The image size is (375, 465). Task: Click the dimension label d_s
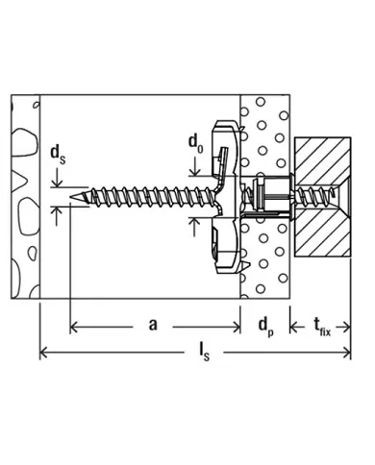(x=58, y=156)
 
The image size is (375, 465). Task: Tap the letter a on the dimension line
(x=153, y=325)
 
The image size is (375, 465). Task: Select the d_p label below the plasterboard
(x=266, y=328)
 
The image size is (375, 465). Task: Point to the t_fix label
(x=322, y=328)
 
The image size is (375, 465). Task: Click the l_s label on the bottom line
(x=204, y=352)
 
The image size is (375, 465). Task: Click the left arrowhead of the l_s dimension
(x=43, y=353)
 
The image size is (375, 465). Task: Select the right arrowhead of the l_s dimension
(x=347, y=353)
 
